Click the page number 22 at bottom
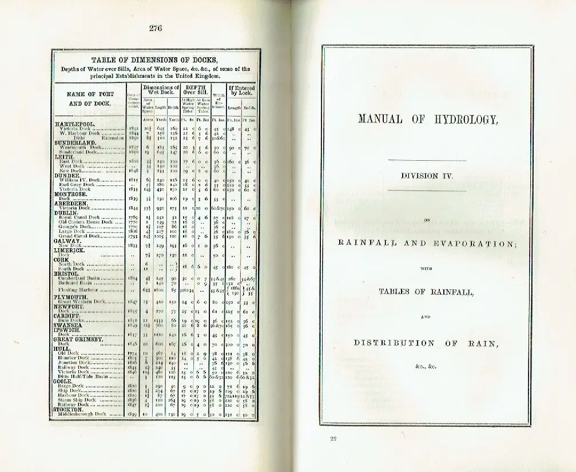tap(333, 439)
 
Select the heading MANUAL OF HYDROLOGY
tap(428, 120)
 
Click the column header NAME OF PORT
tap(90, 94)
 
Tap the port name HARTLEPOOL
tap(74, 124)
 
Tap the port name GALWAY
tap(67, 241)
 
